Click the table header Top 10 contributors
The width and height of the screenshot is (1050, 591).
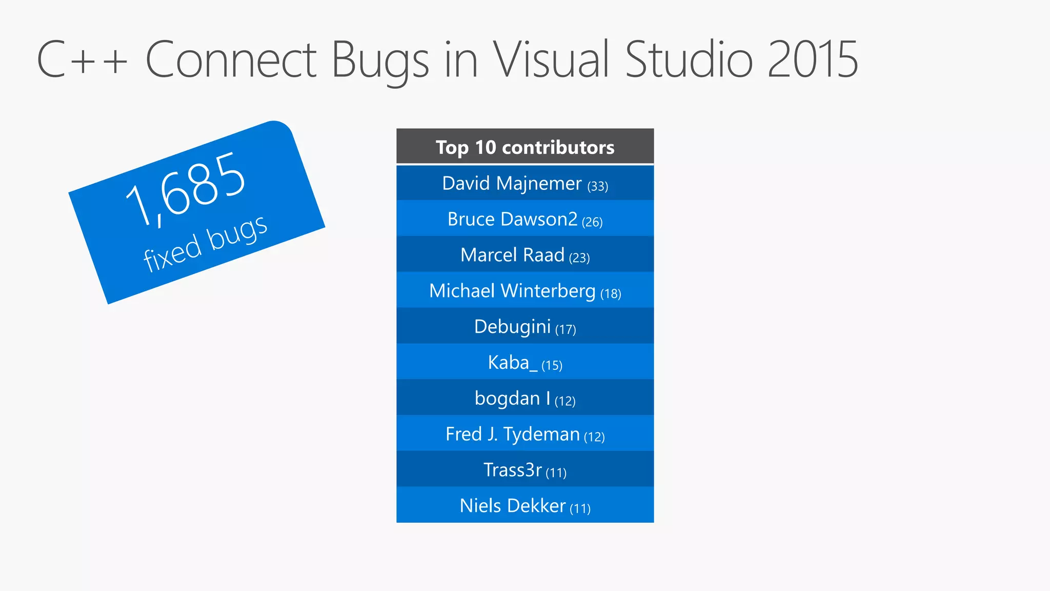tap(525, 147)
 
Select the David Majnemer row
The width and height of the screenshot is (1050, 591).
tap(525, 183)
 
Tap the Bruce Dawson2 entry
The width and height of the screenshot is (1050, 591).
tap(525, 219)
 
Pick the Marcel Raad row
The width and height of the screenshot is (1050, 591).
tap(525, 255)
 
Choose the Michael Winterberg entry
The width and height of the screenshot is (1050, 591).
tap(525, 291)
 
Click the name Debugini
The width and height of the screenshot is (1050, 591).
tap(512, 327)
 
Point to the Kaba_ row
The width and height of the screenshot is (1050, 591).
tap(525, 363)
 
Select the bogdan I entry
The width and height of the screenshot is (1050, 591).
tap(525, 399)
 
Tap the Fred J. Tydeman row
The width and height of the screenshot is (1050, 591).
tap(525, 435)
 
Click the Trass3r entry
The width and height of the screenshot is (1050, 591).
tap(525, 470)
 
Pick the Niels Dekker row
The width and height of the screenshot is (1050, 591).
tap(525, 506)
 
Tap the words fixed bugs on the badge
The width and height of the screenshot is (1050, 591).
tap(205, 243)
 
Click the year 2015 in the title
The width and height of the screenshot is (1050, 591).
tap(812, 60)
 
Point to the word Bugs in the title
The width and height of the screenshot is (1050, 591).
tap(380, 61)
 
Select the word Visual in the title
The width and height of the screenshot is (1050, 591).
tap(551, 60)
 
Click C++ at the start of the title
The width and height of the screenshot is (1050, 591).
tap(82, 60)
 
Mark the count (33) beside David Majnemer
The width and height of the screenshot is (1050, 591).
tap(598, 186)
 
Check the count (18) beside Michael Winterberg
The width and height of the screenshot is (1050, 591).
tap(611, 293)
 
